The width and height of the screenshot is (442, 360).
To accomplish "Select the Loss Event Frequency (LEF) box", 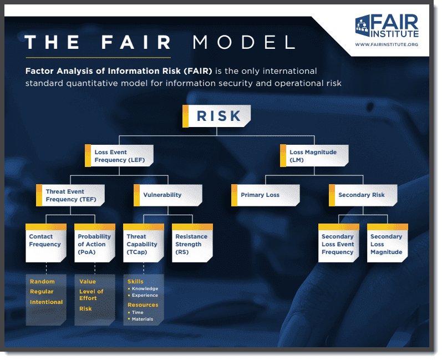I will (x=119, y=156).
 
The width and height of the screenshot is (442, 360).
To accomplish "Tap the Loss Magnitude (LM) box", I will (x=314, y=156).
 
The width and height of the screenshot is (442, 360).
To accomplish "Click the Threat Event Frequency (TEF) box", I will (x=70, y=195).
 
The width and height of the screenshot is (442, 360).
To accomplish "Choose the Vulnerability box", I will (x=168, y=195).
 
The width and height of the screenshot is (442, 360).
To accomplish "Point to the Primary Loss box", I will (x=266, y=195).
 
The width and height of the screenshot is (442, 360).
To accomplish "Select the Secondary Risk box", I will (x=363, y=195).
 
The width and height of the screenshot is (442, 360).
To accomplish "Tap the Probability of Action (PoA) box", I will (x=94, y=242).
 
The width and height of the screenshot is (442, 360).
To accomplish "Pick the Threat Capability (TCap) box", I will (x=143, y=242).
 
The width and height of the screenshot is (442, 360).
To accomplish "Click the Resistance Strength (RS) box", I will (x=192, y=242).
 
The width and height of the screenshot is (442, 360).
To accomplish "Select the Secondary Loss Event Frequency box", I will (x=339, y=242).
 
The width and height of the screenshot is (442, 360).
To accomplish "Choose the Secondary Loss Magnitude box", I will (x=388, y=242).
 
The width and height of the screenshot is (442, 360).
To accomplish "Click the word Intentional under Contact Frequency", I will (x=47, y=302).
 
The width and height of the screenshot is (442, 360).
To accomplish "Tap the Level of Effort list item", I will (x=92, y=295).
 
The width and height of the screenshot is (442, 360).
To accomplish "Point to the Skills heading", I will (x=135, y=281).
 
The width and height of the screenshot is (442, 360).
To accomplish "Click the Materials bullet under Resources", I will (x=143, y=320).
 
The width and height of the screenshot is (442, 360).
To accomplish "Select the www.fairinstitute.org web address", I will (x=386, y=44).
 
